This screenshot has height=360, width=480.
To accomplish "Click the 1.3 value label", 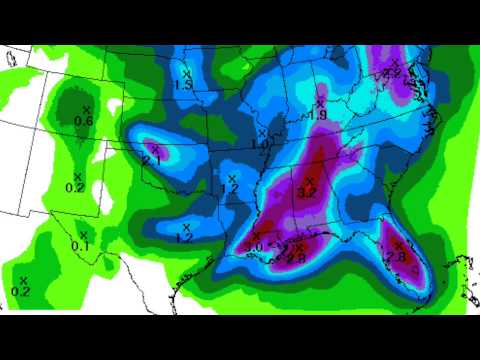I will click(x=183, y=86).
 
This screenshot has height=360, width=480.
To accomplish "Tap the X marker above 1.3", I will click(x=186, y=73).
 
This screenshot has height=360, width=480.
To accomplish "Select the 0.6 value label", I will click(x=84, y=121).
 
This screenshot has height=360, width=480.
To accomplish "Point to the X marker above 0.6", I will click(x=86, y=108).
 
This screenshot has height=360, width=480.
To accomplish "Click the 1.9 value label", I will click(x=318, y=115).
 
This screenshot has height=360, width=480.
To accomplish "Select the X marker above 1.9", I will click(x=320, y=102).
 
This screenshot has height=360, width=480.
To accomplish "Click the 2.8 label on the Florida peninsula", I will click(x=394, y=258).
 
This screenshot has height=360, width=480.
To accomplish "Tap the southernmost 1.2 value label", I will click(x=183, y=238).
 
